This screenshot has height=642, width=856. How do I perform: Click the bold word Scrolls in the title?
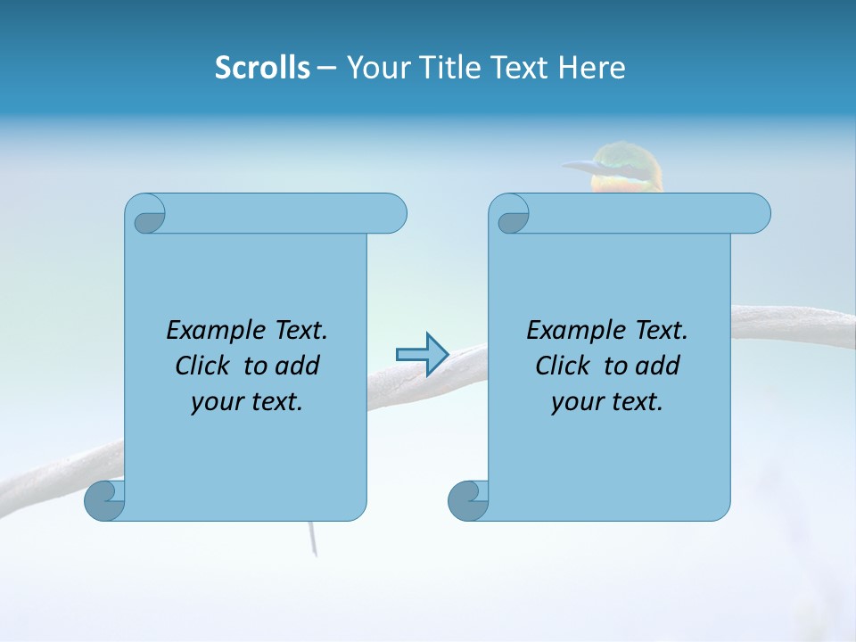(x=262, y=68)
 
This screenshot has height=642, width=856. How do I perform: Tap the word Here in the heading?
(x=592, y=68)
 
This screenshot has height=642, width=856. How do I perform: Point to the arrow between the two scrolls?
(x=422, y=354)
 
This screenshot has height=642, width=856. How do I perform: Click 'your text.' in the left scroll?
(x=247, y=402)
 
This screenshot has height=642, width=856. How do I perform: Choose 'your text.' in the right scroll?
(x=607, y=402)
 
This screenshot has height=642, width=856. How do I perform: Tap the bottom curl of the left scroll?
(x=103, y=501)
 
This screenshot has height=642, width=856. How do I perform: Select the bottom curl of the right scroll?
(x=467, y=501)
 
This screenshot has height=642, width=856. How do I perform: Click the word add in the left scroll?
(x=298, y=366)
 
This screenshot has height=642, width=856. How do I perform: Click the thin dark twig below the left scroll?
(x=313, y=539)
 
